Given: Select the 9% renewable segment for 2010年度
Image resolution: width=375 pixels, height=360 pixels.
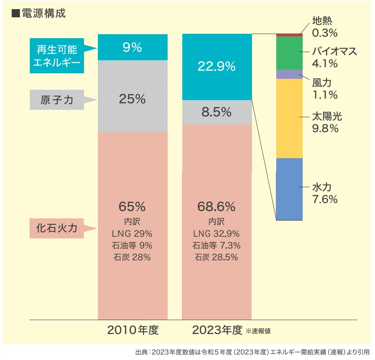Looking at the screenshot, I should point(133,47).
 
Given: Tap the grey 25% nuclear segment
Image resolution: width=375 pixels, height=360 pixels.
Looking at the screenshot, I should point(133,99).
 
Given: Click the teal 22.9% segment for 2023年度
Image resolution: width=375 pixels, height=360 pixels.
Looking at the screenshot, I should point(217,66).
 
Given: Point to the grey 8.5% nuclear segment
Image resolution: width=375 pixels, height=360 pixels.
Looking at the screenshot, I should point(217,112).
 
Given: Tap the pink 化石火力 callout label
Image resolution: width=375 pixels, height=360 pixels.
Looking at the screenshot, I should point(57,228).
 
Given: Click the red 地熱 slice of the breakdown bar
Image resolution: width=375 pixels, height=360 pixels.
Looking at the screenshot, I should point(289,35).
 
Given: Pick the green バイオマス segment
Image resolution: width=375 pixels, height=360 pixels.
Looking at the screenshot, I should point(289,53).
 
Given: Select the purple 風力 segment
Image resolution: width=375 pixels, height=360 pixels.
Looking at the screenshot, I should point(289,74).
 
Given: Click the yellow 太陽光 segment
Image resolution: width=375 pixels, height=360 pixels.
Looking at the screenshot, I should point(289,118).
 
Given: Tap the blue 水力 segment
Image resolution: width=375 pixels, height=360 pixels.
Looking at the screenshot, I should point(289,189).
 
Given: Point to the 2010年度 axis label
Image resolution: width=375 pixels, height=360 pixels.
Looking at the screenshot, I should point(133,331).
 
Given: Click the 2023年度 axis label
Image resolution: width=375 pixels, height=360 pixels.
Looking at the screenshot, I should point(217,331).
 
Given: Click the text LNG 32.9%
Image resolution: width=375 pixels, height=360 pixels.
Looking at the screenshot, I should point(217,234).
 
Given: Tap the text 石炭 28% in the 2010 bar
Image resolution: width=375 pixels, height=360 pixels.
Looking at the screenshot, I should point(132,257).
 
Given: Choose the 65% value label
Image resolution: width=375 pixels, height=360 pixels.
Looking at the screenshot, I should point(132,206).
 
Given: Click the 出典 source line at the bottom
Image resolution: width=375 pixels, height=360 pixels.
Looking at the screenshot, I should point(252,352).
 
